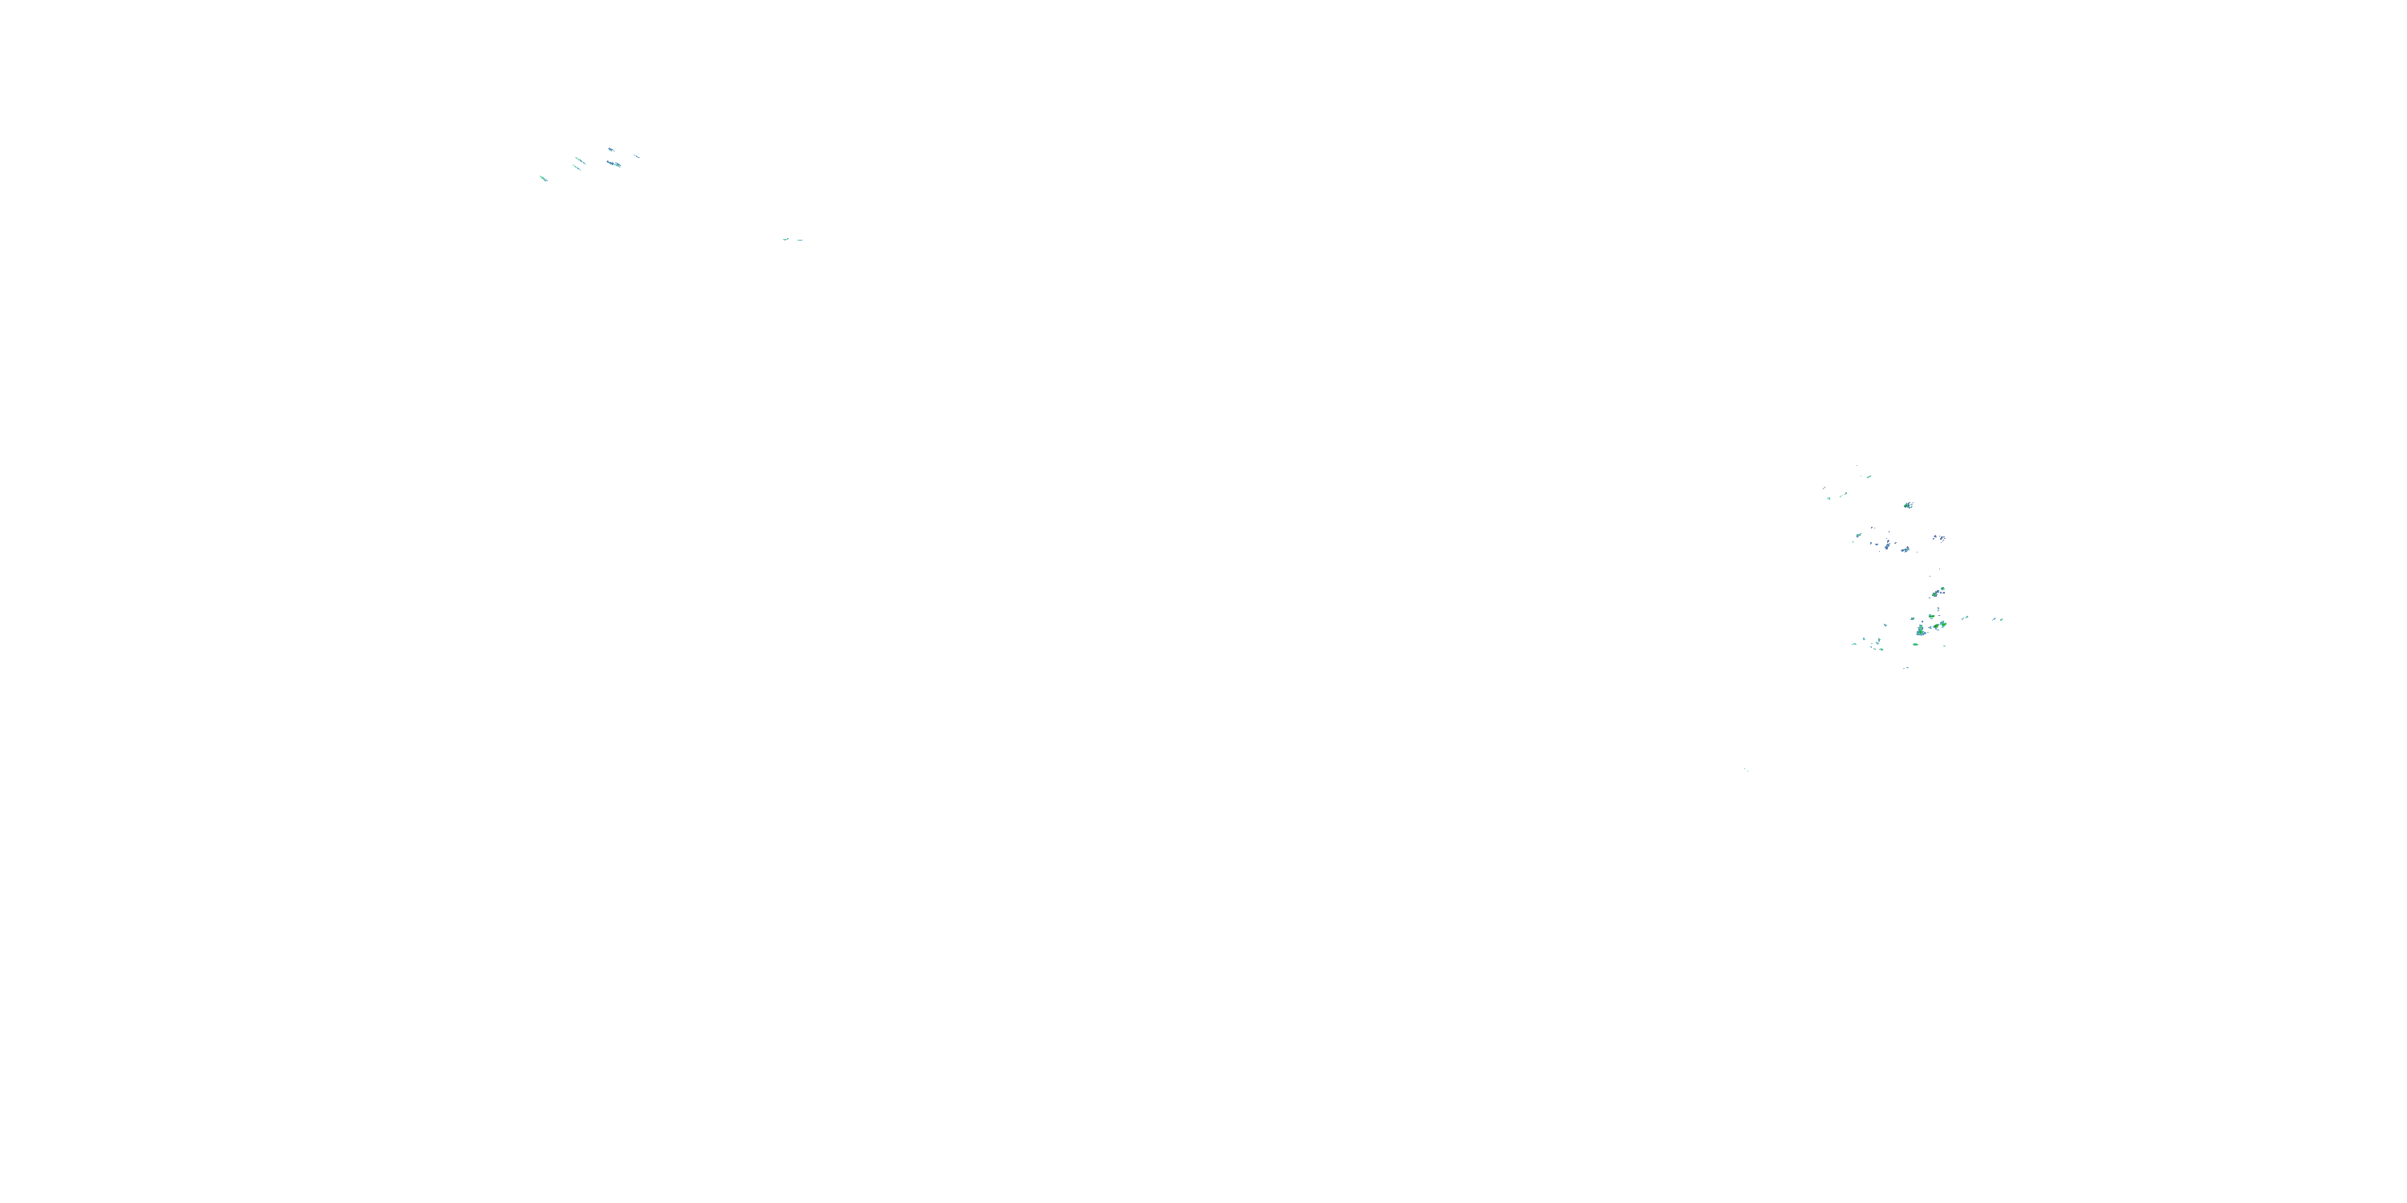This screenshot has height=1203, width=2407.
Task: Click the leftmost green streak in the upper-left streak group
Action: pos(544,178)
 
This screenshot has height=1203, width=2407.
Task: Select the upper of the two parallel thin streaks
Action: pos(580,160)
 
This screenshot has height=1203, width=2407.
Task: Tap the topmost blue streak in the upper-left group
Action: pos(611,149)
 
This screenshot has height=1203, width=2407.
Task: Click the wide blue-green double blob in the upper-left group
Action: pos(614,164)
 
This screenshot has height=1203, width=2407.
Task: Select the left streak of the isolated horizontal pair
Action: pos(785,239)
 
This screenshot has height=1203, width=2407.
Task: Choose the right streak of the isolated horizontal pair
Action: pos(800,240)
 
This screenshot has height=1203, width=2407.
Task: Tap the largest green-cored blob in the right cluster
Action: pos(1921,631)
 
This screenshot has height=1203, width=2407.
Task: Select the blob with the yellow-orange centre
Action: pos(1937,626)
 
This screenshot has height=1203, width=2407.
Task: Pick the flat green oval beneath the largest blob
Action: pos(1915,645)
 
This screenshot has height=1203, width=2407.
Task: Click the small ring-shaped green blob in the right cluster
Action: pos(1943,589)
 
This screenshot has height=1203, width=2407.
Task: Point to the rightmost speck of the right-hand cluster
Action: pos(2003,620)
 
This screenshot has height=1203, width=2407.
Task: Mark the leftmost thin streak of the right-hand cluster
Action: pos(1824,488)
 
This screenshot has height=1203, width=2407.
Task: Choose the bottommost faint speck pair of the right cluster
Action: pos(1906,669)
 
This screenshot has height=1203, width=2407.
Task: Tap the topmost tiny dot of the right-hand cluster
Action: pos(1857,466)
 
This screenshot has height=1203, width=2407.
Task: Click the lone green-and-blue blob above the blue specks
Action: pos(1909,505)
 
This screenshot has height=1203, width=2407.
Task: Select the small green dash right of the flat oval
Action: pos(1946,646)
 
